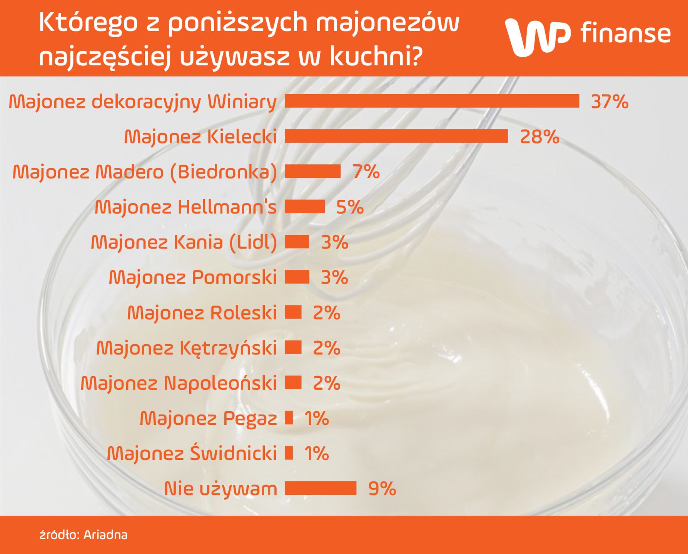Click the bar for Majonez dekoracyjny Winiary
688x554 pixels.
coord(432,101)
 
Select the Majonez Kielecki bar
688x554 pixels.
coord(396,136)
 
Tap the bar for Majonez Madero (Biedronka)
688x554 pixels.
coord(313,171)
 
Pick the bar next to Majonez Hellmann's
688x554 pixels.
coord(305,207)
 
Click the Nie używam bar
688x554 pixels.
coord(321,488)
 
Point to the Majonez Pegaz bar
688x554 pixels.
coord(289,418)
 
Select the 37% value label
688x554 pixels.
coord(610,102)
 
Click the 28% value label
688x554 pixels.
coord(539,137)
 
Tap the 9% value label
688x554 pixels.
coord(382,489)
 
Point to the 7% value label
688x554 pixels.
coord(366,172)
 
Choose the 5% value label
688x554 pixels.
coord(350,207)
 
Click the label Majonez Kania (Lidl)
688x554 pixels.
coord(184,242)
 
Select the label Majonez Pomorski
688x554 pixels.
coord(193,277)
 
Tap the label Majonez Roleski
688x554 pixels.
coord(202,313)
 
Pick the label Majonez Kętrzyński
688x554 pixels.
coord(187,348)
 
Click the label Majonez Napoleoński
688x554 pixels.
coord(179,383)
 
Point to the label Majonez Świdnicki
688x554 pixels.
coord(192,453)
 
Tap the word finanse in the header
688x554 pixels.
coord(626,33)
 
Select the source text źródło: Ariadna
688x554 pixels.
coord(83,535)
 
